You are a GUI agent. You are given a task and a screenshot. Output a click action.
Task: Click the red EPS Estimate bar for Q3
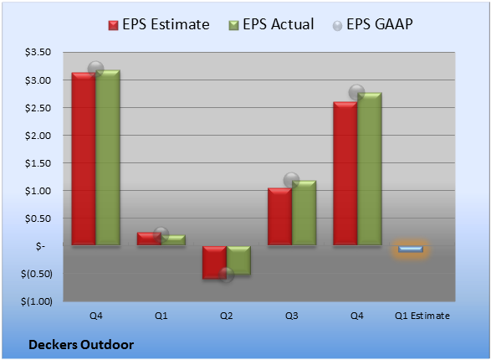pyautogui.click(x=279, y=217)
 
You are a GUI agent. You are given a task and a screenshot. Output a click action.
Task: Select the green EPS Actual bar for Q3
pyautogui.click(x=304, y=213)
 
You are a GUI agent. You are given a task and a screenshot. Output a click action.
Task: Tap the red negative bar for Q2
pyautogui.click(x=214, y=262)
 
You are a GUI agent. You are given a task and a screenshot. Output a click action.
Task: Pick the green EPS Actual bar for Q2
pyautogui.click(x=238, y=260)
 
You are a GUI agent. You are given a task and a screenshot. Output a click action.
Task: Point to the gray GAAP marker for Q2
pyautogui.click(x=226, y=275)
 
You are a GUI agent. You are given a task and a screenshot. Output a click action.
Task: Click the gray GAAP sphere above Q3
pyautogui.click(x=291, y=180)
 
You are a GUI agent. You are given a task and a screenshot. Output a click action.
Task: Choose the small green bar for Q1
pyautogui.click(x=173, y=240)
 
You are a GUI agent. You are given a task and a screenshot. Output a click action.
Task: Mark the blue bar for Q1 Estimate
pyautogui.click(x=411, y=249)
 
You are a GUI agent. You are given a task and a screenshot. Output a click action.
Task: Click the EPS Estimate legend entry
pyautogui.click(x=159, y=24)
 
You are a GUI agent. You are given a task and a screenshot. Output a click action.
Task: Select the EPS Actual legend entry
pyautogui.click(x=271, y=24)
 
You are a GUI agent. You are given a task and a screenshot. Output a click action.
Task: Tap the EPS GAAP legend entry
pyautogui.click(x=372, y=24)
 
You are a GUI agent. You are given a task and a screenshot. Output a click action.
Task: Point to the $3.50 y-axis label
pyautogui.click(x=38, y=52)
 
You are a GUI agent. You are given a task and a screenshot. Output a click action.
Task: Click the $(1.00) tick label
pyautogui.click(x=37, y=301)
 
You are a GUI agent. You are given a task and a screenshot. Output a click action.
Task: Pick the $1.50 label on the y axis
pyautogui.click(x=38, y=163)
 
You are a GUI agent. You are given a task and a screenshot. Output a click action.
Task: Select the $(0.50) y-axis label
pyautogui.click(x=37, y=274)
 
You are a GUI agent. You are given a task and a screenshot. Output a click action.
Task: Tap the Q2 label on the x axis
pyautogui.click(x=226, y=316)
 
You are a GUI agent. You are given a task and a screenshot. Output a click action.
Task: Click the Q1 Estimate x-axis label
pyautogui.click(x=422, y=316)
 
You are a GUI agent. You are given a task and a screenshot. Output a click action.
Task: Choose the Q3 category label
pyautogui.click(x=292, y=316)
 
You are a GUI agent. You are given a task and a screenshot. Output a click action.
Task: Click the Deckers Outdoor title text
pyautogui.click(x=81, y=345)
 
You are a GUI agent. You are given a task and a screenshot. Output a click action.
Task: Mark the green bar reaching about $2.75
pyautogui.click(x=370, y=169)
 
